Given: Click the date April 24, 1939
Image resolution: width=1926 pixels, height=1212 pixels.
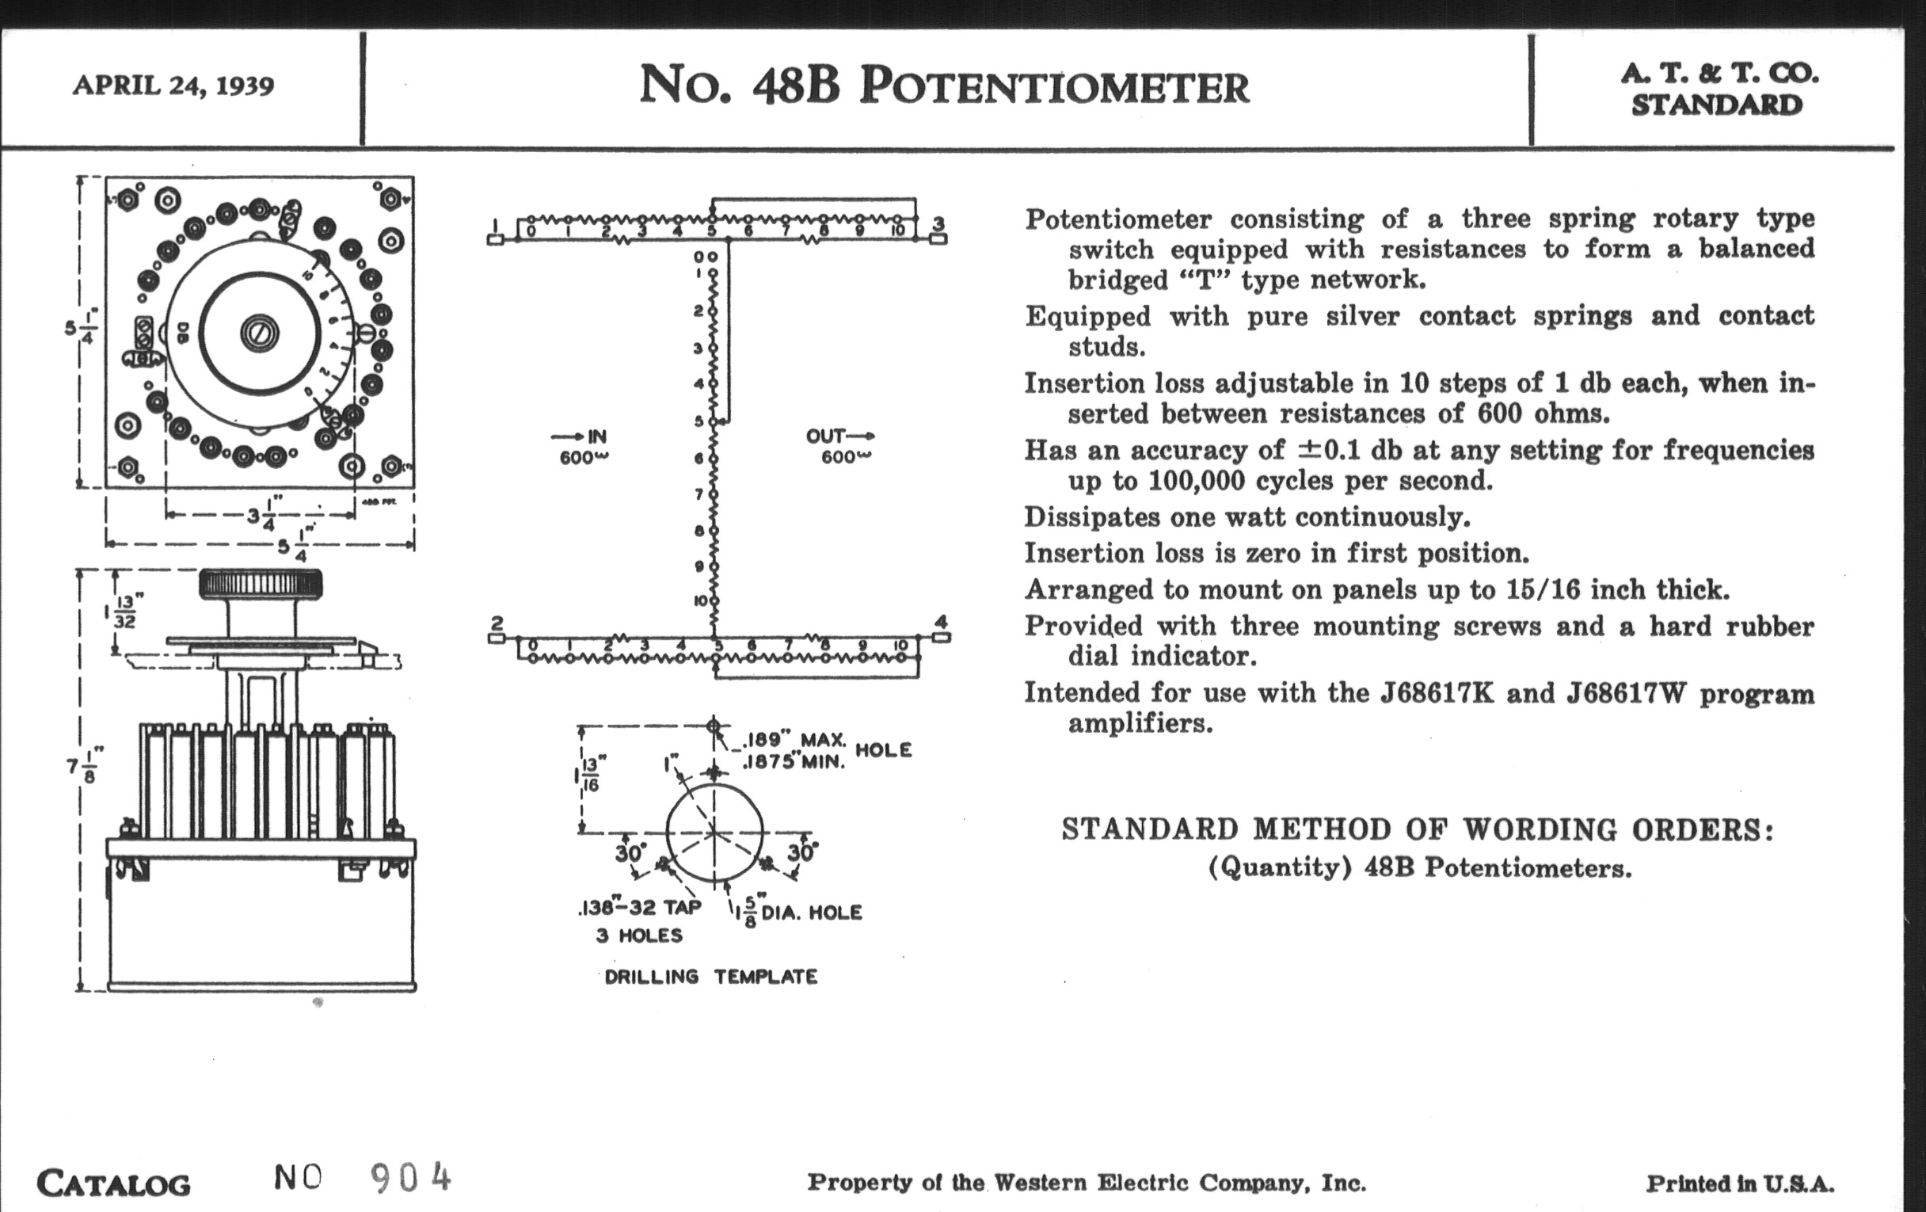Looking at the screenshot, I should [173, 85].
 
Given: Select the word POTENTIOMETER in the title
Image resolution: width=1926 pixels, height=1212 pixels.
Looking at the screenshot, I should [1054, 86].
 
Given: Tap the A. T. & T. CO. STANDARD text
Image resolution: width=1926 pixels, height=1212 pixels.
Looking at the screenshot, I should [1718, 89].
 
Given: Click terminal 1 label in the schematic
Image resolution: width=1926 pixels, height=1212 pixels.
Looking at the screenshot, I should [495, 224].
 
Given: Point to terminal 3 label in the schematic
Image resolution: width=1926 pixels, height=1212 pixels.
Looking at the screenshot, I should [939, 223].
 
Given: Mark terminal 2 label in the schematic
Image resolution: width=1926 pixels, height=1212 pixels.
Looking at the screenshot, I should [497, 623].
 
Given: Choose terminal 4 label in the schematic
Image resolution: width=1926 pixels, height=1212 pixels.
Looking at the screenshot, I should [941, 622].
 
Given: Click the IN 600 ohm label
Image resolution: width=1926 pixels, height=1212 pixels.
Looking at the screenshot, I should [584, 447].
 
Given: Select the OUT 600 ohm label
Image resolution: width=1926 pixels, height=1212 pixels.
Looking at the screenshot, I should [839, 447].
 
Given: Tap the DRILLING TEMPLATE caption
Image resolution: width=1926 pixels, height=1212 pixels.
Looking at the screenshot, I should [711, 977].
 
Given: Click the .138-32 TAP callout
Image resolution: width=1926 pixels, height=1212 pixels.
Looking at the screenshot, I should [639, 908].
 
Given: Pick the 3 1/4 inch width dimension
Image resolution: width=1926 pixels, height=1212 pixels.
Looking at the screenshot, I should [261, 515].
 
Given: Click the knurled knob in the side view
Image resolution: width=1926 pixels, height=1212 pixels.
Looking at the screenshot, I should [261, 585].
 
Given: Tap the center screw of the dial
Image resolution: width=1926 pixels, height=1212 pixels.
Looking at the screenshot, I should [259, 332].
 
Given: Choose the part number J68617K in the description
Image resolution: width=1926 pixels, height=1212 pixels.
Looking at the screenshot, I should [1437, 693].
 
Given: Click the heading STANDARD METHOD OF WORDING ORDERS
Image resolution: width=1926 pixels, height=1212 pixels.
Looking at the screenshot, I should [1418, 829].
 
